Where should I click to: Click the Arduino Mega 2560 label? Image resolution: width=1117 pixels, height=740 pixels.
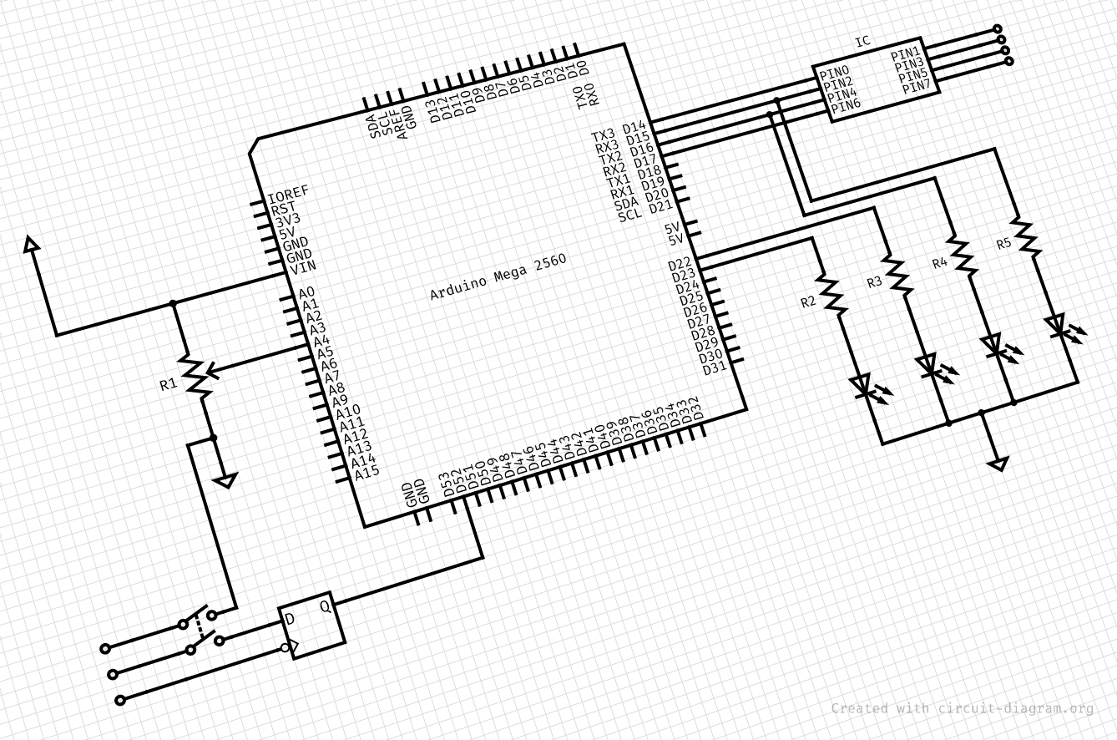[x=498, y=276]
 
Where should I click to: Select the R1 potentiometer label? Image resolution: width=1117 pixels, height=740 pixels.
[x=168, y=385]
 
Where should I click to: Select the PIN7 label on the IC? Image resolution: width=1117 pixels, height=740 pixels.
[x=915, y=84]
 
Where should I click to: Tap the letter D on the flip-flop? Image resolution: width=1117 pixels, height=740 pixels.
[x=290, y=619]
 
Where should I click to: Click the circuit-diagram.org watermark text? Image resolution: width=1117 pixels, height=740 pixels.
[x=962, y=708]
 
